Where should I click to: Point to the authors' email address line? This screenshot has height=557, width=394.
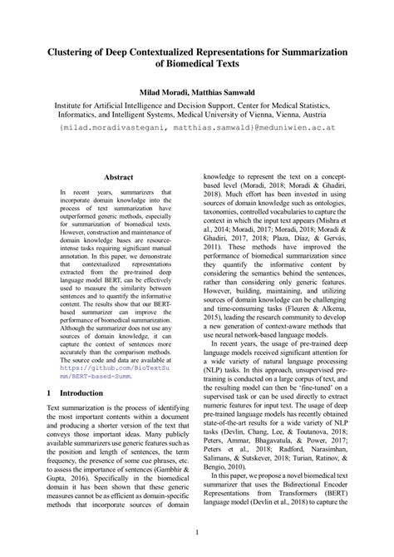(x=197, y=129)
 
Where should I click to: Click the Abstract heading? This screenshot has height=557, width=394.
(x=118, y=177)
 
